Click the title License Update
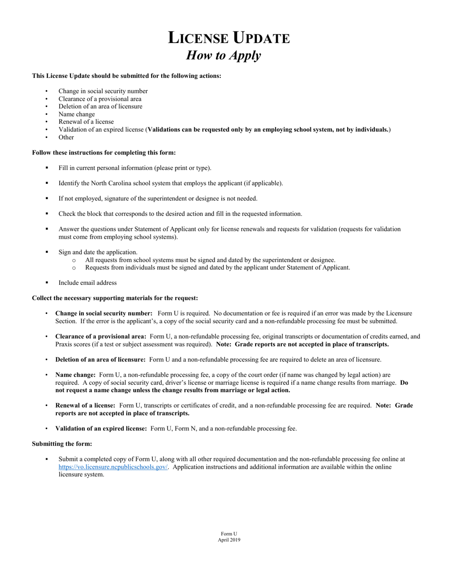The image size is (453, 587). pos(228,38)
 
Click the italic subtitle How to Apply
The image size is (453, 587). pos(223,55)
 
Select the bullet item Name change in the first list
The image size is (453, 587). pos(76,114)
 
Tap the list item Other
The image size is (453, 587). pos(66,137)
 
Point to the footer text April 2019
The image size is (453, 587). pos(229,540)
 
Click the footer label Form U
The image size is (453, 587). pos(229,534)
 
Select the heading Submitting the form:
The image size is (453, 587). pos(62,443)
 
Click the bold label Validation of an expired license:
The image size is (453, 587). pos(101,428)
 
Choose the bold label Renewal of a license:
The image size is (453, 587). pos(85,405)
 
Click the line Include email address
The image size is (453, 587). pos(87,283)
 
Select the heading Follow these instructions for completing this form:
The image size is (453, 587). pos(103,152)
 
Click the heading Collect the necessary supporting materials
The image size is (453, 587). pos(114,298)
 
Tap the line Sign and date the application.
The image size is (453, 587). pos(98,252)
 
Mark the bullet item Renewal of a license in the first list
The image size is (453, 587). pos(86,122)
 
